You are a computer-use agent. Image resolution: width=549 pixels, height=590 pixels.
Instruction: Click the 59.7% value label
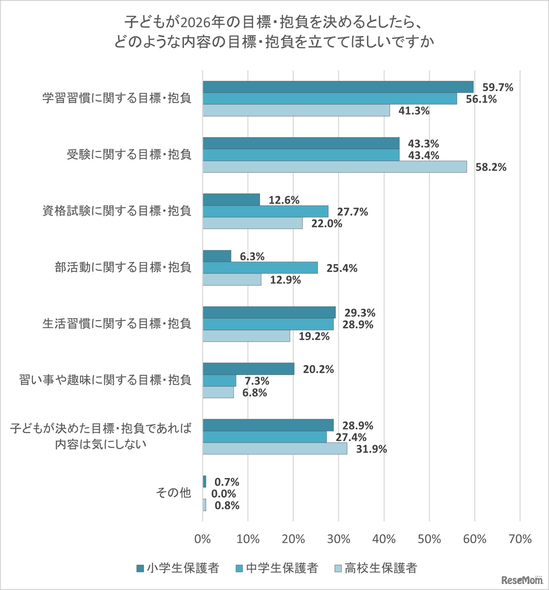[x=498, y=88]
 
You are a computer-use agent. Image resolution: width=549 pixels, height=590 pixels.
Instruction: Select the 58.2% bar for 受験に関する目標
[x=335, y=167]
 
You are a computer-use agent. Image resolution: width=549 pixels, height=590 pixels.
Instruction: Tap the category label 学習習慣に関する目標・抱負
[x=117, y=98]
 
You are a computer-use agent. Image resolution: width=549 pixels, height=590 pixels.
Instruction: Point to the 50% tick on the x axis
[x=429, y=539]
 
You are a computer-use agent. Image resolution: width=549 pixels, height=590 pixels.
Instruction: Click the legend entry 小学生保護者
[x=178, y=568]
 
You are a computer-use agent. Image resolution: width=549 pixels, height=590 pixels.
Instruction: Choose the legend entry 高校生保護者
[x=375, y=568]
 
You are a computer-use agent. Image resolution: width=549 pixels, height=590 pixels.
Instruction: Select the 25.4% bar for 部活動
[x=260, y=268]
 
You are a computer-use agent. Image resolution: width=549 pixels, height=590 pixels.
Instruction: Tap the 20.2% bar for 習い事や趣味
[x=248, y=369]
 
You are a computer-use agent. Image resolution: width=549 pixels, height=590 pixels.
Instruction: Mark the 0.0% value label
[x=223, y=494]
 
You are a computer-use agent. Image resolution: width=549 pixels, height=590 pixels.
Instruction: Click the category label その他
[x=173, y=493]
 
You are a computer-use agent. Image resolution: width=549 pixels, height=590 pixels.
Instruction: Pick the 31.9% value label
[x=371, y=449]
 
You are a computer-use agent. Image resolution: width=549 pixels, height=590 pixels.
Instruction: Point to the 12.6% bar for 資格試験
[x=231, y=200]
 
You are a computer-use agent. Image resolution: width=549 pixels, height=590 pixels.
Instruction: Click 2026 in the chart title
[x=195, y=21]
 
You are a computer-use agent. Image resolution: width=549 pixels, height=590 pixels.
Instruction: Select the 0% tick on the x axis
[x=202, y=539]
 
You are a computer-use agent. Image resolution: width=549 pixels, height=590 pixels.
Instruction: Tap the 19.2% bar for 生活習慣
[x=246, y=336]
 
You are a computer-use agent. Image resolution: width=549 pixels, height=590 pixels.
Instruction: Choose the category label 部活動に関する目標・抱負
[x=123, y=268]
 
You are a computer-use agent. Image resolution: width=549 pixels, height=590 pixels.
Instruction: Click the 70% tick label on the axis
[x=520, y=539]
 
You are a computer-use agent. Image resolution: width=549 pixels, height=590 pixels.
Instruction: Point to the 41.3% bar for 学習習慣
[x=296, y=110]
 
